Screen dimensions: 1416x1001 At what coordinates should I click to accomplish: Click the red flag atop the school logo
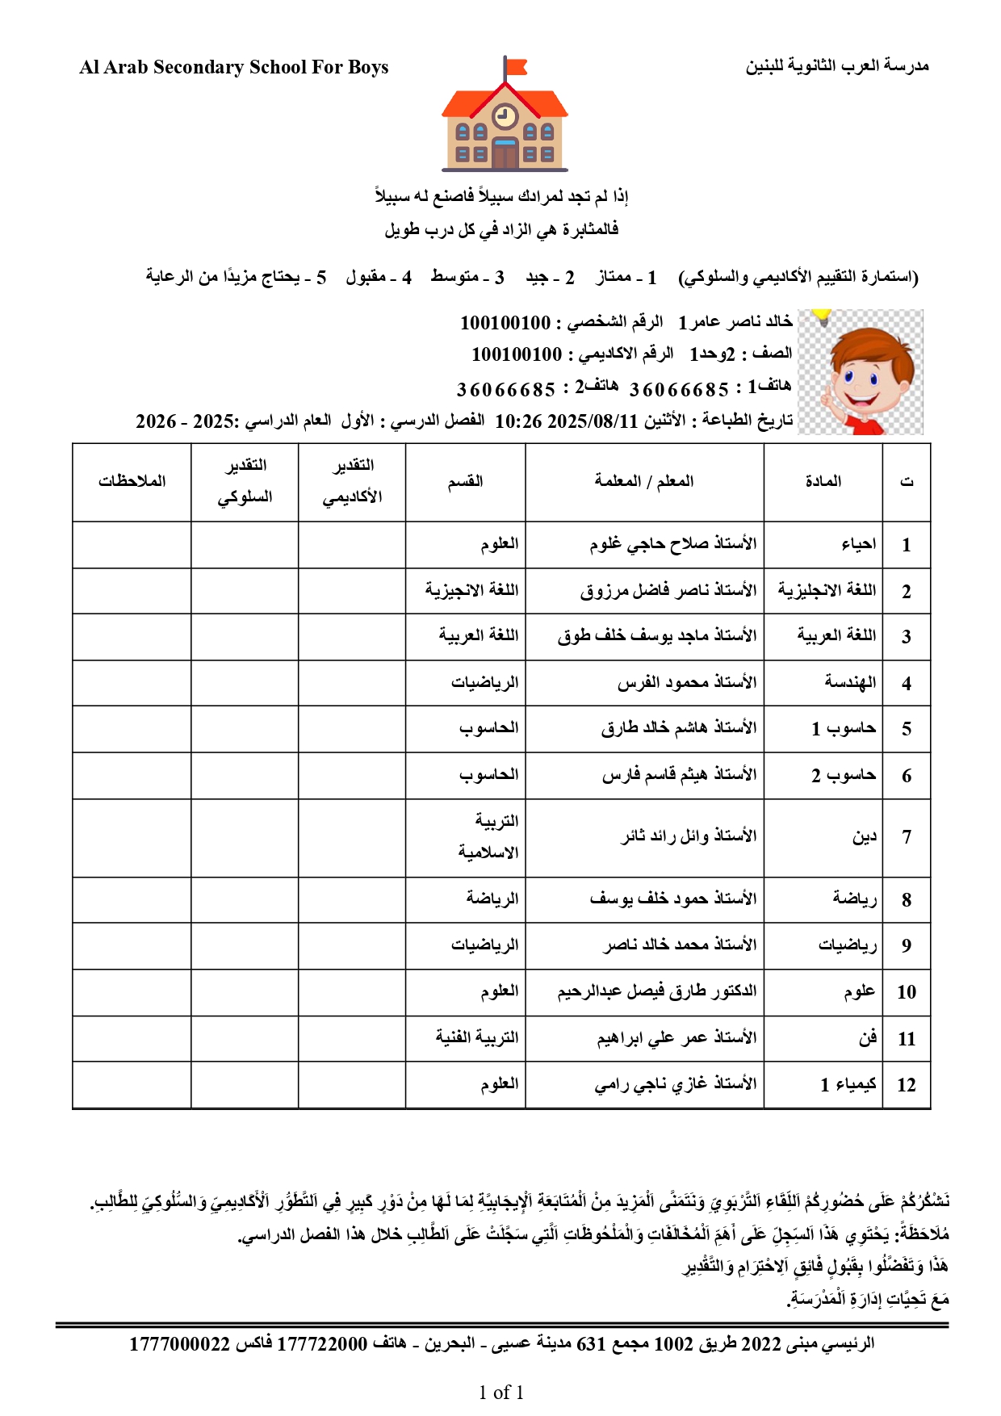[x=515, y=66]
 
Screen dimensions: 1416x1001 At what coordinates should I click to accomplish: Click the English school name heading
[x=234, y=67]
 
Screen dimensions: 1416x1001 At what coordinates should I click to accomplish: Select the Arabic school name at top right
[x=837, y=65]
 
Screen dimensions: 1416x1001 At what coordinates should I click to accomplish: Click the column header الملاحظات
[x=132, y=481]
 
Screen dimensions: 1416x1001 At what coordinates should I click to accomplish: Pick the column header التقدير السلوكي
[x=245, y=481]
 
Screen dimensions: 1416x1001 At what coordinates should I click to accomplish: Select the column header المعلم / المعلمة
[x=644, y=481]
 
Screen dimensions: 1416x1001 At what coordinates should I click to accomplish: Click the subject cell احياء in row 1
[x=858, y=544]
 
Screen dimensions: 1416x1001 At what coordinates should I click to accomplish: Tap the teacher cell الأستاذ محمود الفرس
[x=687, y=683]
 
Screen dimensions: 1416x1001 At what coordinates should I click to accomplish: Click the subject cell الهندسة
[x=850, y=683]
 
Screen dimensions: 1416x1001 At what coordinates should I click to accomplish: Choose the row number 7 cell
[x=907, y=837]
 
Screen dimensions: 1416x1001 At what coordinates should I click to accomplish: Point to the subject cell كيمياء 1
[x=848, y=1084]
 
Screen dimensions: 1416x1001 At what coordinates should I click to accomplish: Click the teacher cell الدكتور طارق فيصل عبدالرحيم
[x=657, y=991]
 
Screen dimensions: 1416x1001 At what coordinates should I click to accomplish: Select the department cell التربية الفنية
[x=477, y=1037]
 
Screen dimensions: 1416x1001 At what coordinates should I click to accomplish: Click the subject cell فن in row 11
[x=868, y=1038]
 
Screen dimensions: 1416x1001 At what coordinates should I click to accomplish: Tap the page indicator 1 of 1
[x=500, y=1393]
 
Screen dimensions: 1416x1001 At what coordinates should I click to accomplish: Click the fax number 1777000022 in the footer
[x=180, y=1344]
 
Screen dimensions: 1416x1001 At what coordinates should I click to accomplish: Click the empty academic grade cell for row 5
[x=352, y=729]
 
